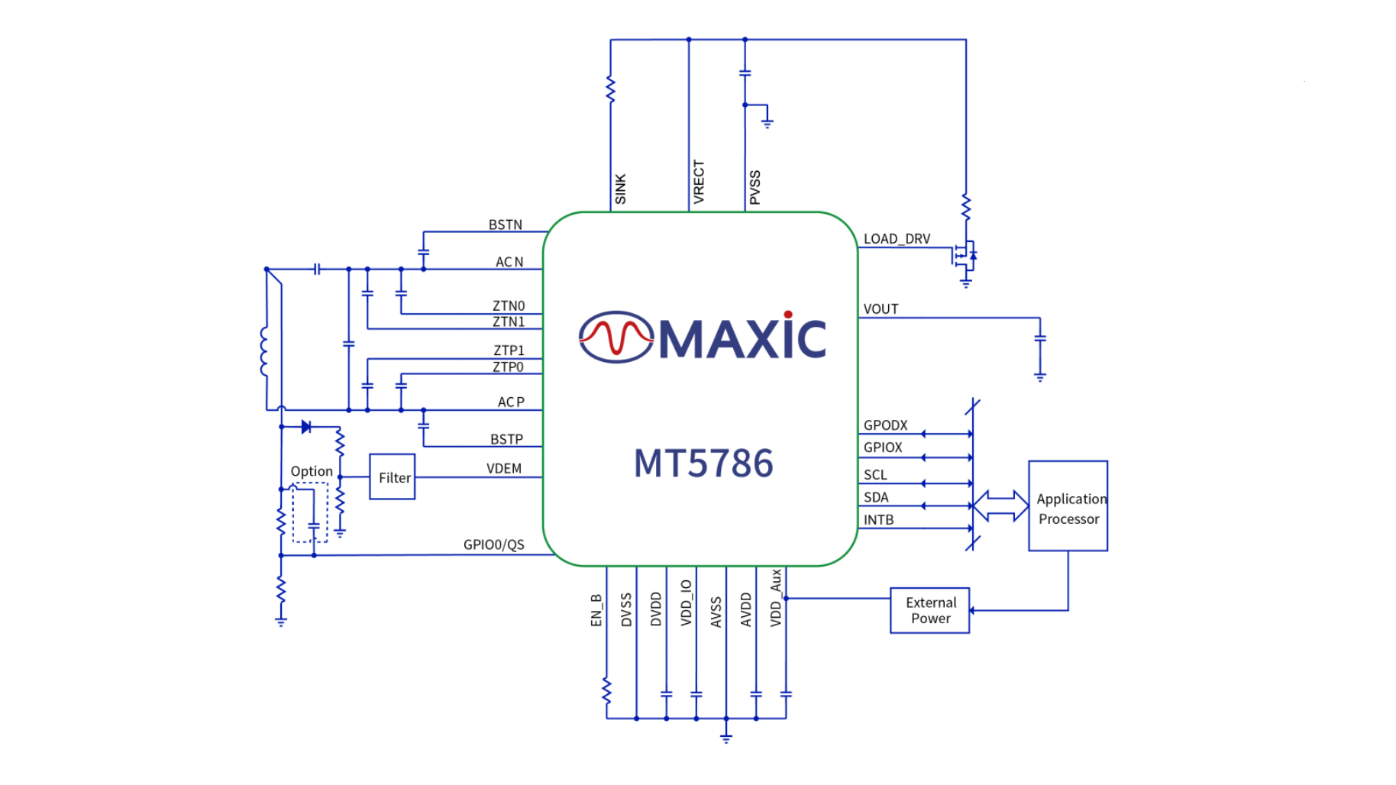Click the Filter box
(393, 477)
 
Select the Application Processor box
(1068, 506)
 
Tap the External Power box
(930, 610)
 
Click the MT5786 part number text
(703, 464)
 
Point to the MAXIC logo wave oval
(616, 337)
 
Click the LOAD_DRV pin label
(897, 239)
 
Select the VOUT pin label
(881, 309)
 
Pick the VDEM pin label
(504, 468)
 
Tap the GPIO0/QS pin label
(493, 544)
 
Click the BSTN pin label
(506, 225)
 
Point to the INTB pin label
(878, 520)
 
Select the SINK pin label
(620, 189)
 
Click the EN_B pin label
(596, 610)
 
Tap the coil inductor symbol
(263, 351)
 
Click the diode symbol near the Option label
(306, 427)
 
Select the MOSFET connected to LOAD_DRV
(964, 256)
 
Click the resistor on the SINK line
(610, 89)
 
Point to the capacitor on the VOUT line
(1039, 338)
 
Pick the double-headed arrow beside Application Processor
(1000, 506)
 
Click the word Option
(312, 472)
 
